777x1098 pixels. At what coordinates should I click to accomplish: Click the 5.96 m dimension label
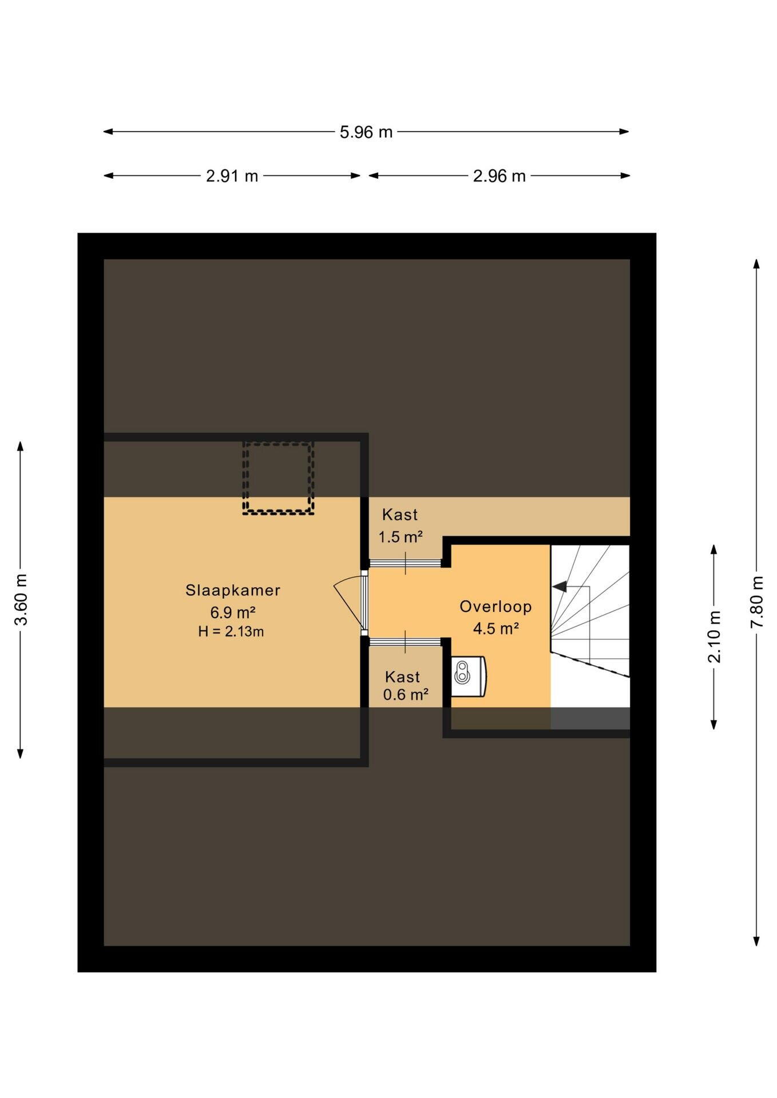click(366, 132)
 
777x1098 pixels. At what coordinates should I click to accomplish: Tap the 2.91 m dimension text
click(232, 176)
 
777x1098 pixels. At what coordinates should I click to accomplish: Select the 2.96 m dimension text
click(499, 176)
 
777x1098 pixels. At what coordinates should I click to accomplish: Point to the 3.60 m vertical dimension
click(21, 599)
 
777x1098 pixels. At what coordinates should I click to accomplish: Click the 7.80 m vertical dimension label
click(757, 602)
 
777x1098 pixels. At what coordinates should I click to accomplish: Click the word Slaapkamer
click(233, 590)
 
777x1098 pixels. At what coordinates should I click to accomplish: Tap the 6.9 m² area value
click(232, 612)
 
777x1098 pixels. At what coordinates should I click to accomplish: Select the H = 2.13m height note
click(231, 632)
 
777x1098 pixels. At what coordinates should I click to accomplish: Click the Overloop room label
click(495, 606)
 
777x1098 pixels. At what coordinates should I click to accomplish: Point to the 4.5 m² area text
click(495, 628)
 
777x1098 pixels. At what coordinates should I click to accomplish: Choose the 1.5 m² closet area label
click(401, 537)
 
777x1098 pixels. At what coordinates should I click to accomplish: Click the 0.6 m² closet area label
click(406, 695)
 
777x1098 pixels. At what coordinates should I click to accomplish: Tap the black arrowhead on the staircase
click(559, 586)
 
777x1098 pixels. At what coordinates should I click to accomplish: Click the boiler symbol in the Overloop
click(469, 677)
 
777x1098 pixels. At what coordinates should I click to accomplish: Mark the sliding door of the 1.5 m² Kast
click(405, 563)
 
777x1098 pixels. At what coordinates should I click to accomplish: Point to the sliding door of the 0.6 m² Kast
click(405, 642)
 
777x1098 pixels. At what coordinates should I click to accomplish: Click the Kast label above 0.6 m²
click(402, 677)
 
